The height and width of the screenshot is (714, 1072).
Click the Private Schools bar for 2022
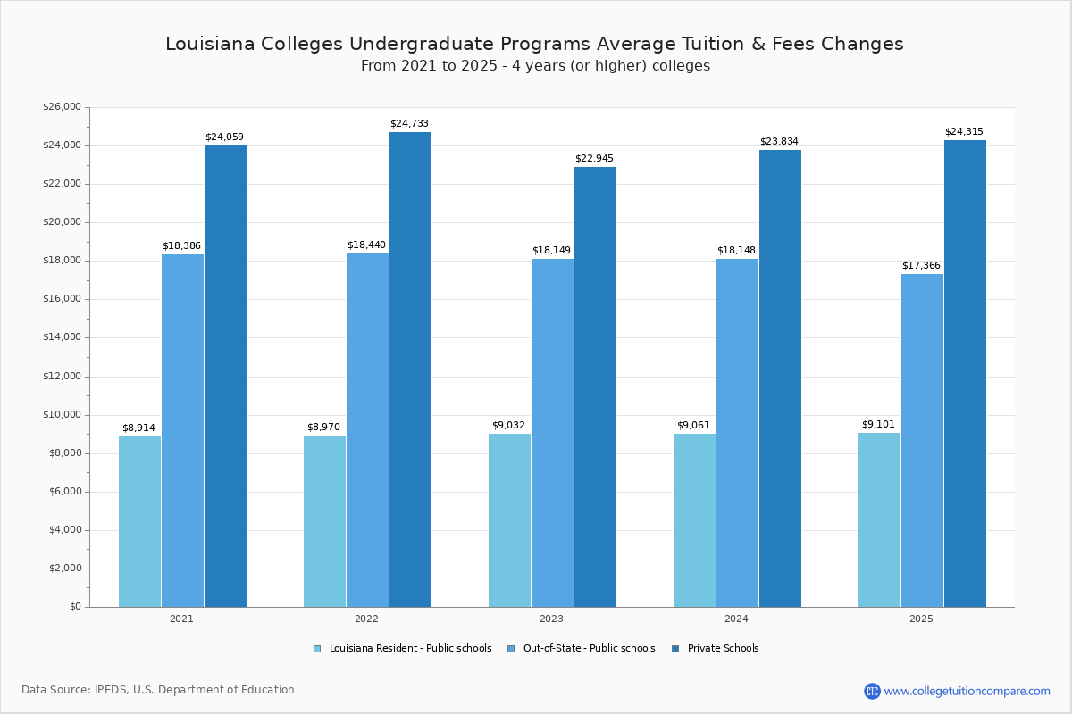point(410,369)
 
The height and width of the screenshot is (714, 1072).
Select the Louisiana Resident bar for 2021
point(139,521)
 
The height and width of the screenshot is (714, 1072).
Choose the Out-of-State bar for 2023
point(552,433)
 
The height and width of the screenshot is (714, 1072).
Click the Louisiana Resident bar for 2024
point(694,520)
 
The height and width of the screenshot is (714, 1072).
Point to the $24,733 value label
point(409,123)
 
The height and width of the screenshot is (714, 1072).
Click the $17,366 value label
point(921,265)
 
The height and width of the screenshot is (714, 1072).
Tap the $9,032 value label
point(508,425)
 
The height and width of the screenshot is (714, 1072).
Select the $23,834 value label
point(779,141)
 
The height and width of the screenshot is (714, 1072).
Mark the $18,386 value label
point(181,245)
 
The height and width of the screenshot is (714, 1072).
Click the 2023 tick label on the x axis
point(551,619)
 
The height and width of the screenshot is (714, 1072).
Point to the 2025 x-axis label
point(921,619)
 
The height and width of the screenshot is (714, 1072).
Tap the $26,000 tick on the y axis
point(62,107)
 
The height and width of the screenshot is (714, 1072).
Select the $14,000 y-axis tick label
point(62,337)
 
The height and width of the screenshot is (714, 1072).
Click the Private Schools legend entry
point(722,649)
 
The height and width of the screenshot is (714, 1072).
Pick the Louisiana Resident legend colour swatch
point(317,649)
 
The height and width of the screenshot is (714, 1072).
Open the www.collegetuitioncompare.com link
point(967,691)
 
